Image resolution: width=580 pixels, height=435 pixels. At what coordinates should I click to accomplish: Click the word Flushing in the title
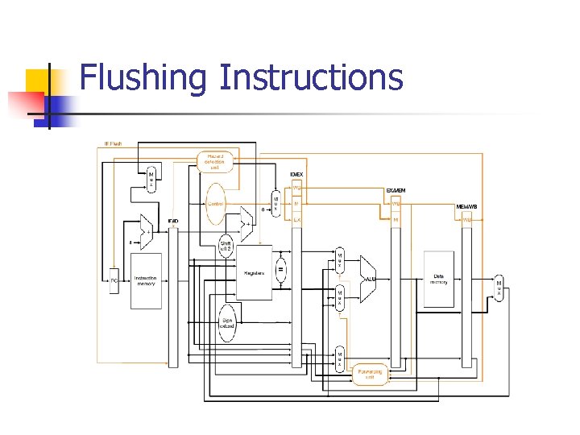tap(144, 79)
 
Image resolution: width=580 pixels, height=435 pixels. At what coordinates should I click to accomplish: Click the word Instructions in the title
tap(311, 79)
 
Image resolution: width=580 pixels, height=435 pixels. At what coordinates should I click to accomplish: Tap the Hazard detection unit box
tap(215, 161)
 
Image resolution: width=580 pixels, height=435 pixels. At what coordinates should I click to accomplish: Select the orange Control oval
tap(216, 203)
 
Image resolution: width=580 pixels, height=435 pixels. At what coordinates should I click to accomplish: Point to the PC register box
tap(114, 280)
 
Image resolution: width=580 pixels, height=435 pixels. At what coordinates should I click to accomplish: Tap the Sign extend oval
tap(228, 324)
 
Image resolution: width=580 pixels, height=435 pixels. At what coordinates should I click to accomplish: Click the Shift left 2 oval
tap(227, 246)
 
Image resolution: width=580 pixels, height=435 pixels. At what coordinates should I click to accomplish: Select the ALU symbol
tap(367, 278)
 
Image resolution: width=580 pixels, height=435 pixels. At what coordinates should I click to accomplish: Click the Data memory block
tap(439, 279)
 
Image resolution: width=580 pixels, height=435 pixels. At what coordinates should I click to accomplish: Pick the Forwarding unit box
tap(369, 374)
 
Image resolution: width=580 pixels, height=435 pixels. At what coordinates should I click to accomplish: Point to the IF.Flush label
tap(113, 145)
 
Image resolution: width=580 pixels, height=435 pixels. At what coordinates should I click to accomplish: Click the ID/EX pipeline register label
tap(296, 175)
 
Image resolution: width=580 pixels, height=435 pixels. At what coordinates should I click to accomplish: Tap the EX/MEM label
tap(396, 190)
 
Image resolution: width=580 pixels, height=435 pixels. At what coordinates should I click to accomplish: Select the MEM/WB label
tap(466, 207)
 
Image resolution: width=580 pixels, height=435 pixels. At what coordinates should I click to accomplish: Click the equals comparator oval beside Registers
tap(280, 271)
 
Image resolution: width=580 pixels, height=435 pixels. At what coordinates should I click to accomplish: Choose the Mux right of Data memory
tap(499, 288)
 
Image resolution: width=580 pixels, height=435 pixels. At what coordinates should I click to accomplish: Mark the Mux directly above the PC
tap(151, 178)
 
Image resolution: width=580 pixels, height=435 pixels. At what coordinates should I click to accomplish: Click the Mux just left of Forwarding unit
tap(340, 360)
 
